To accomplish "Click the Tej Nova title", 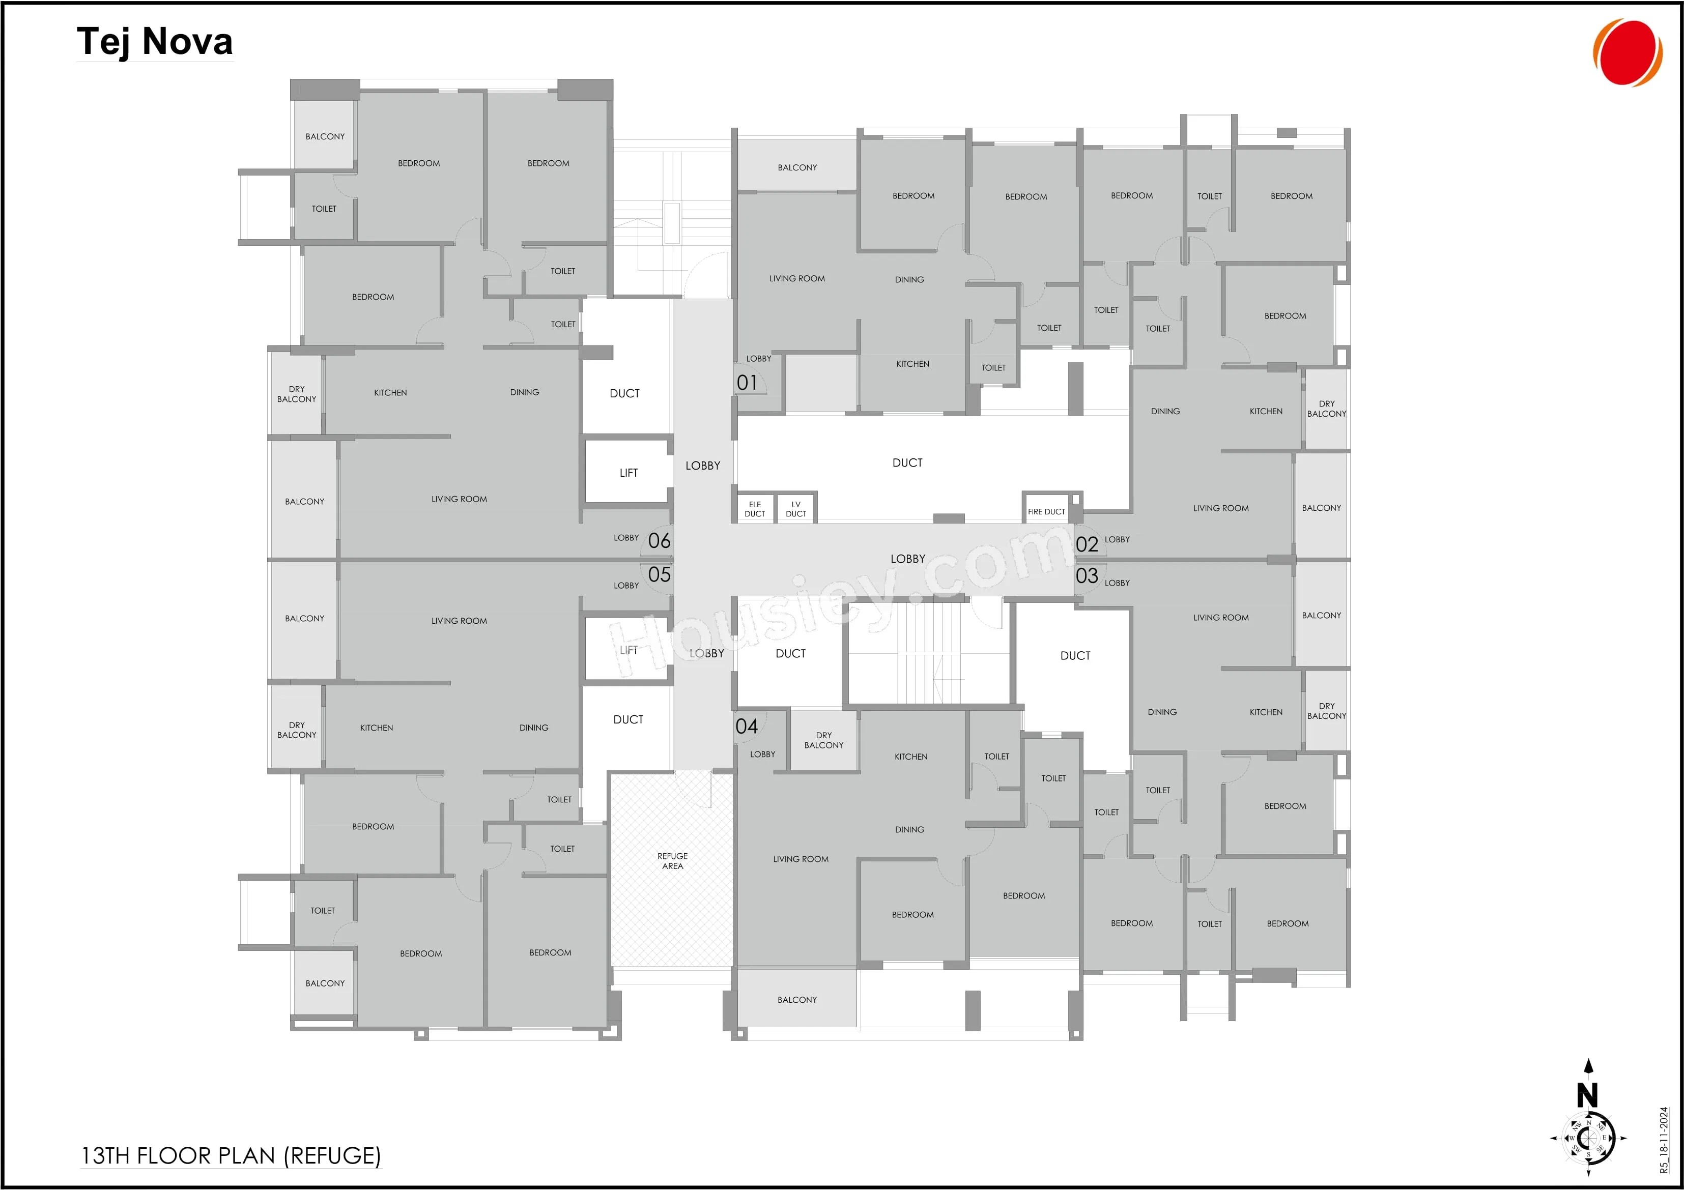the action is [x=155, y=41].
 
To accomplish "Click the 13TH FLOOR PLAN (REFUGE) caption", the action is [x=231, y=1155].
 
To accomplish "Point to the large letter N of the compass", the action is [x=1587, y=1095].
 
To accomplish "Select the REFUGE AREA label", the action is [x=673, y=861].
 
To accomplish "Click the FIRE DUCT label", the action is [x=1046, y=512].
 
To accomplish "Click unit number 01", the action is [x=747, y=383].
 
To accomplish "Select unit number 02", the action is [x=1087, y=544].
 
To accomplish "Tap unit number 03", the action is [x=1087, y=575].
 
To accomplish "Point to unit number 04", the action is [x=747, y=726].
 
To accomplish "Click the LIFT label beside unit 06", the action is [x=629, y=473].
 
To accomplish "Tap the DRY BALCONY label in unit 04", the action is [x=823, y=740].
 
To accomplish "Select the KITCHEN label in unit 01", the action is [x=912, y=364].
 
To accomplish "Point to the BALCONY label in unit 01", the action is [x=797, y=168].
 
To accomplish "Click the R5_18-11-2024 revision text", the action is [x=1664, y=1140].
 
